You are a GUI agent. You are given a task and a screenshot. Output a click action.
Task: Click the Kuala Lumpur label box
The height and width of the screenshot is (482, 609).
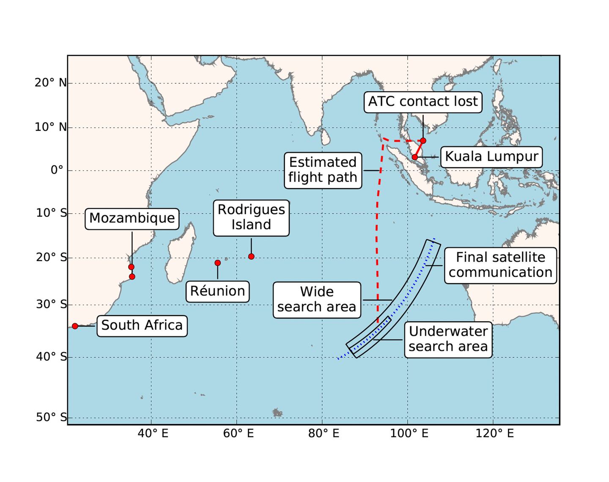click(491, 157)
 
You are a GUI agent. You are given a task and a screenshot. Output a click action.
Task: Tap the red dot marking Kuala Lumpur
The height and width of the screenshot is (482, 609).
click(415, 157)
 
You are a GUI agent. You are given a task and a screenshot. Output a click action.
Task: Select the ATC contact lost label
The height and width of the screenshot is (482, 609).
click(423, 102)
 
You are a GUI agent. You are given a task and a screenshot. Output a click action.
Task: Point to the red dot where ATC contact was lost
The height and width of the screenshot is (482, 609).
click(423, 140)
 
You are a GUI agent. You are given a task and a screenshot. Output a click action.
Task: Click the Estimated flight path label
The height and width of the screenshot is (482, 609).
click(323, 170)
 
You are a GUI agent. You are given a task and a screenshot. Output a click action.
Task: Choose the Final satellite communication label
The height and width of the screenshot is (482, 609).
click(500, 265)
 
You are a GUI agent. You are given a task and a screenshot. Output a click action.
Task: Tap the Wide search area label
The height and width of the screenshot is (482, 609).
click(317, 299)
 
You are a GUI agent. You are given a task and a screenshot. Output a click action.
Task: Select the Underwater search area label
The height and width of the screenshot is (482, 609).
click(448, 339)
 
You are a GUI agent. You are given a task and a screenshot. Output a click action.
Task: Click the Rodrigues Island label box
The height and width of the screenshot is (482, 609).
click(251, 217)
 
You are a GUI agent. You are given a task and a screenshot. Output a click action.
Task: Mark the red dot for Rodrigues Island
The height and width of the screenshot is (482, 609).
click(251, 256)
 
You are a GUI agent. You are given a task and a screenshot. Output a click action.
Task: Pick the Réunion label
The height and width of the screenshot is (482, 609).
click(217, 291)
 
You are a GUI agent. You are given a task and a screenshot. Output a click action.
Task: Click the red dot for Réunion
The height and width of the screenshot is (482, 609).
click(217, 263)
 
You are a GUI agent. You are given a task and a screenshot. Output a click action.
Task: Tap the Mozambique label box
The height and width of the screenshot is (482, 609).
click(132, 218)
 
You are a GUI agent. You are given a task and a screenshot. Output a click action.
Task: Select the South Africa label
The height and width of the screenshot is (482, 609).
click(142, 325)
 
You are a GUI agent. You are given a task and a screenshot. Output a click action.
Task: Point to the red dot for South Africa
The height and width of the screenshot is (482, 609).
click(75, 326)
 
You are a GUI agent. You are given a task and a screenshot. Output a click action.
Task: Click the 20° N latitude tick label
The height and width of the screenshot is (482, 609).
click(51, 83)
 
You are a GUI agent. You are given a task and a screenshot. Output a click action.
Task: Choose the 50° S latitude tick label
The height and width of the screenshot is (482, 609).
click(51, 418)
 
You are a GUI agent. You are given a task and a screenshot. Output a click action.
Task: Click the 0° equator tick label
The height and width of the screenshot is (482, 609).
click(57, 170)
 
